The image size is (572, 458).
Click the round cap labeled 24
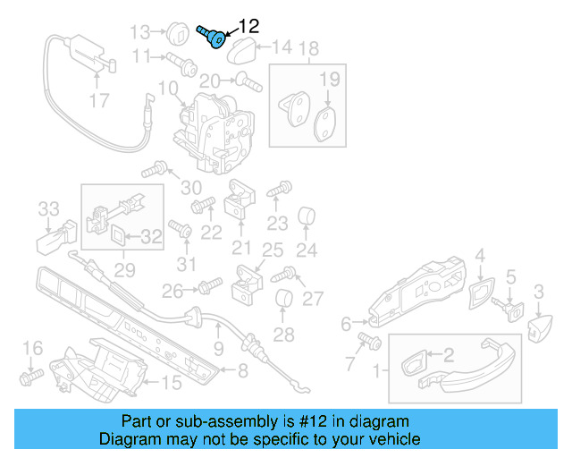pos(307,216)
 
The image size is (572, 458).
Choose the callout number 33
pos(48,209)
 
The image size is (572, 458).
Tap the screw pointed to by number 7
pos(369,341)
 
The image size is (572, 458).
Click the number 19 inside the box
pos(330,80)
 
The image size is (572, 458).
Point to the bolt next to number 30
pos(161,167)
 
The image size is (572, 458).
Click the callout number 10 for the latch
pos(168,88)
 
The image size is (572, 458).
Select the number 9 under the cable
pos(218,348)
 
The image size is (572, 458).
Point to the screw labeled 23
pos(279,190)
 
